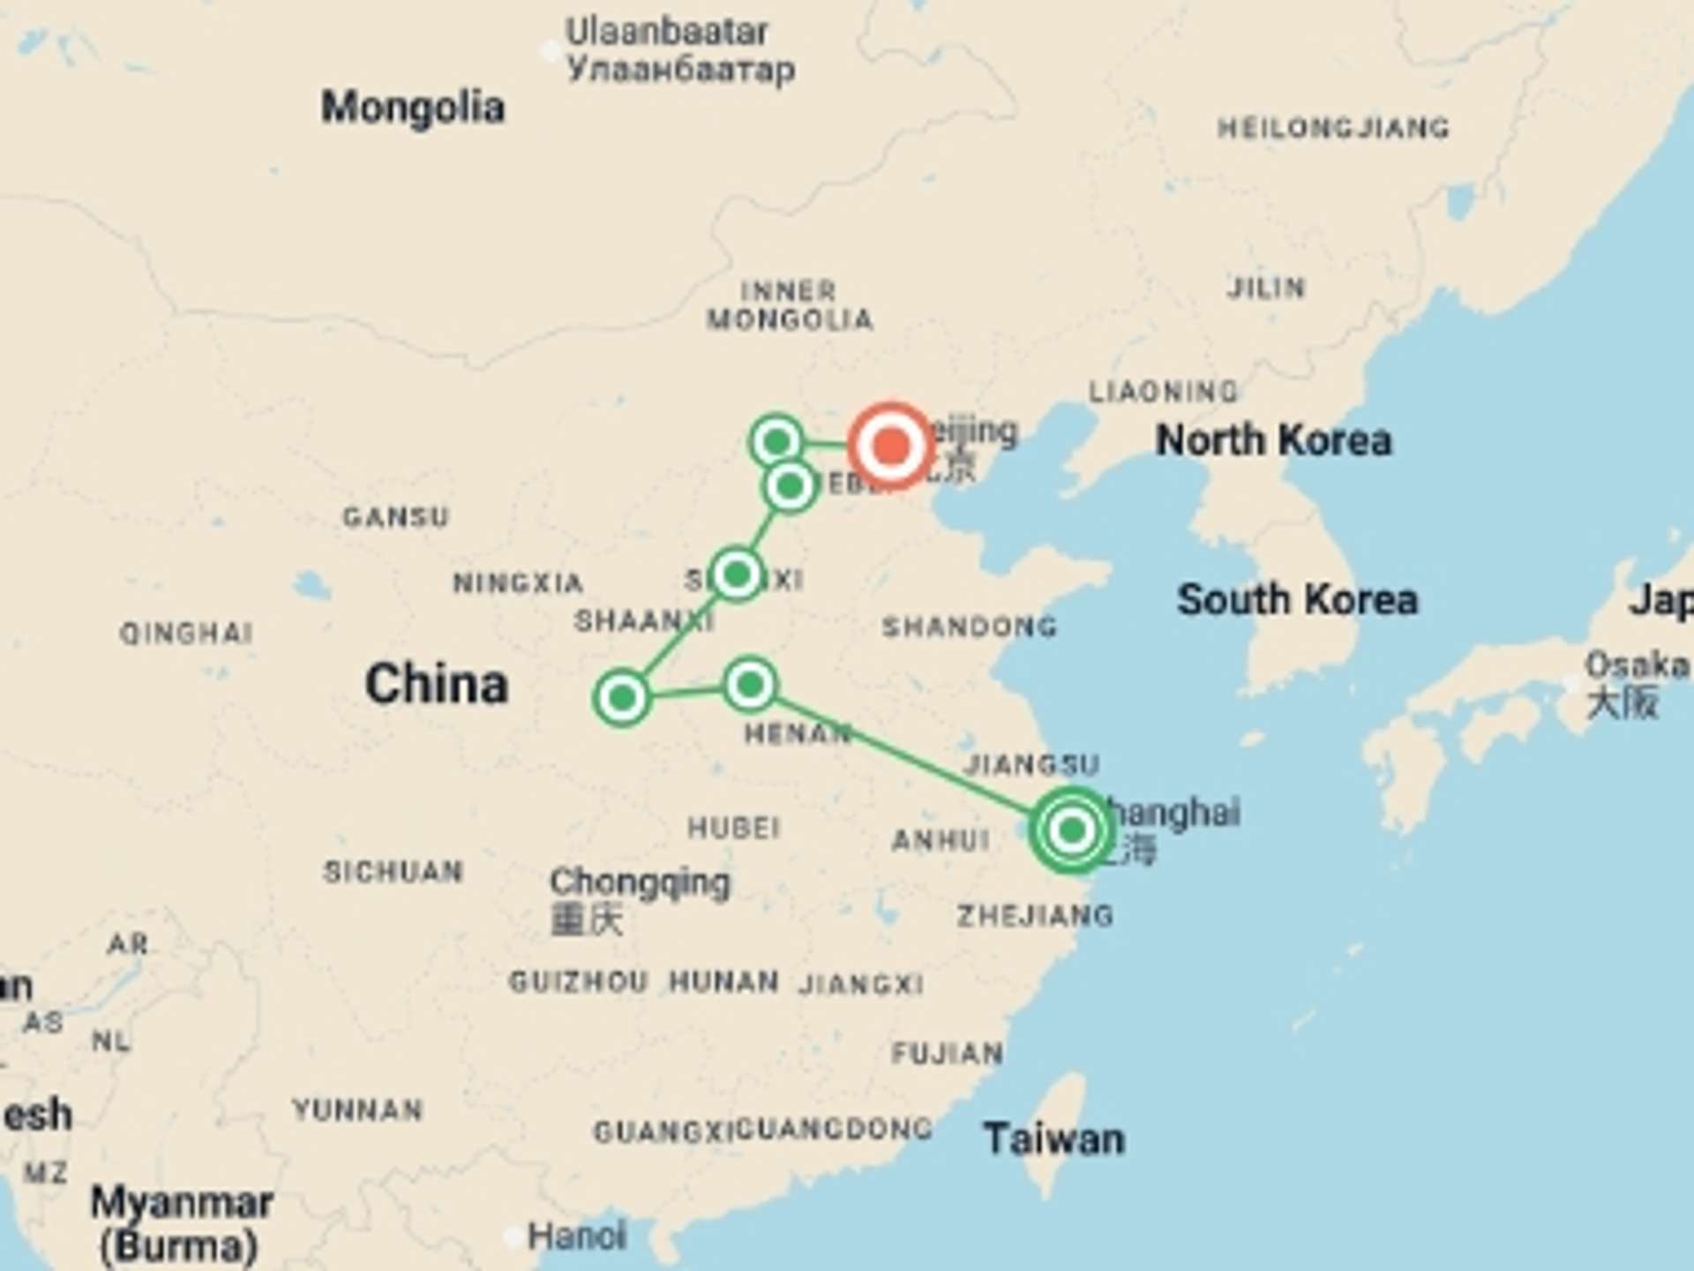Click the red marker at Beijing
891,445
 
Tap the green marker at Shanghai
1072,830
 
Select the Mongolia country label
412,108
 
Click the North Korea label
1273,440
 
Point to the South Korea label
1297,599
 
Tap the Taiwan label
1053,1139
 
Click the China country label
437,684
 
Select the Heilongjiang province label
1332,129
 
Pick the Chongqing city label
640,882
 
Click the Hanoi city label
576,1236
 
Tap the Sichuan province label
393,872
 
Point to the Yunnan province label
357,1109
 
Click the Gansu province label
395,516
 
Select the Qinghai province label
186,633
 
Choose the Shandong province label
969,627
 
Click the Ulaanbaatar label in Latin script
666,33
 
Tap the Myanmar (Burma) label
181,1222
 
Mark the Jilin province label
1265,288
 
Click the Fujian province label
947,1053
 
